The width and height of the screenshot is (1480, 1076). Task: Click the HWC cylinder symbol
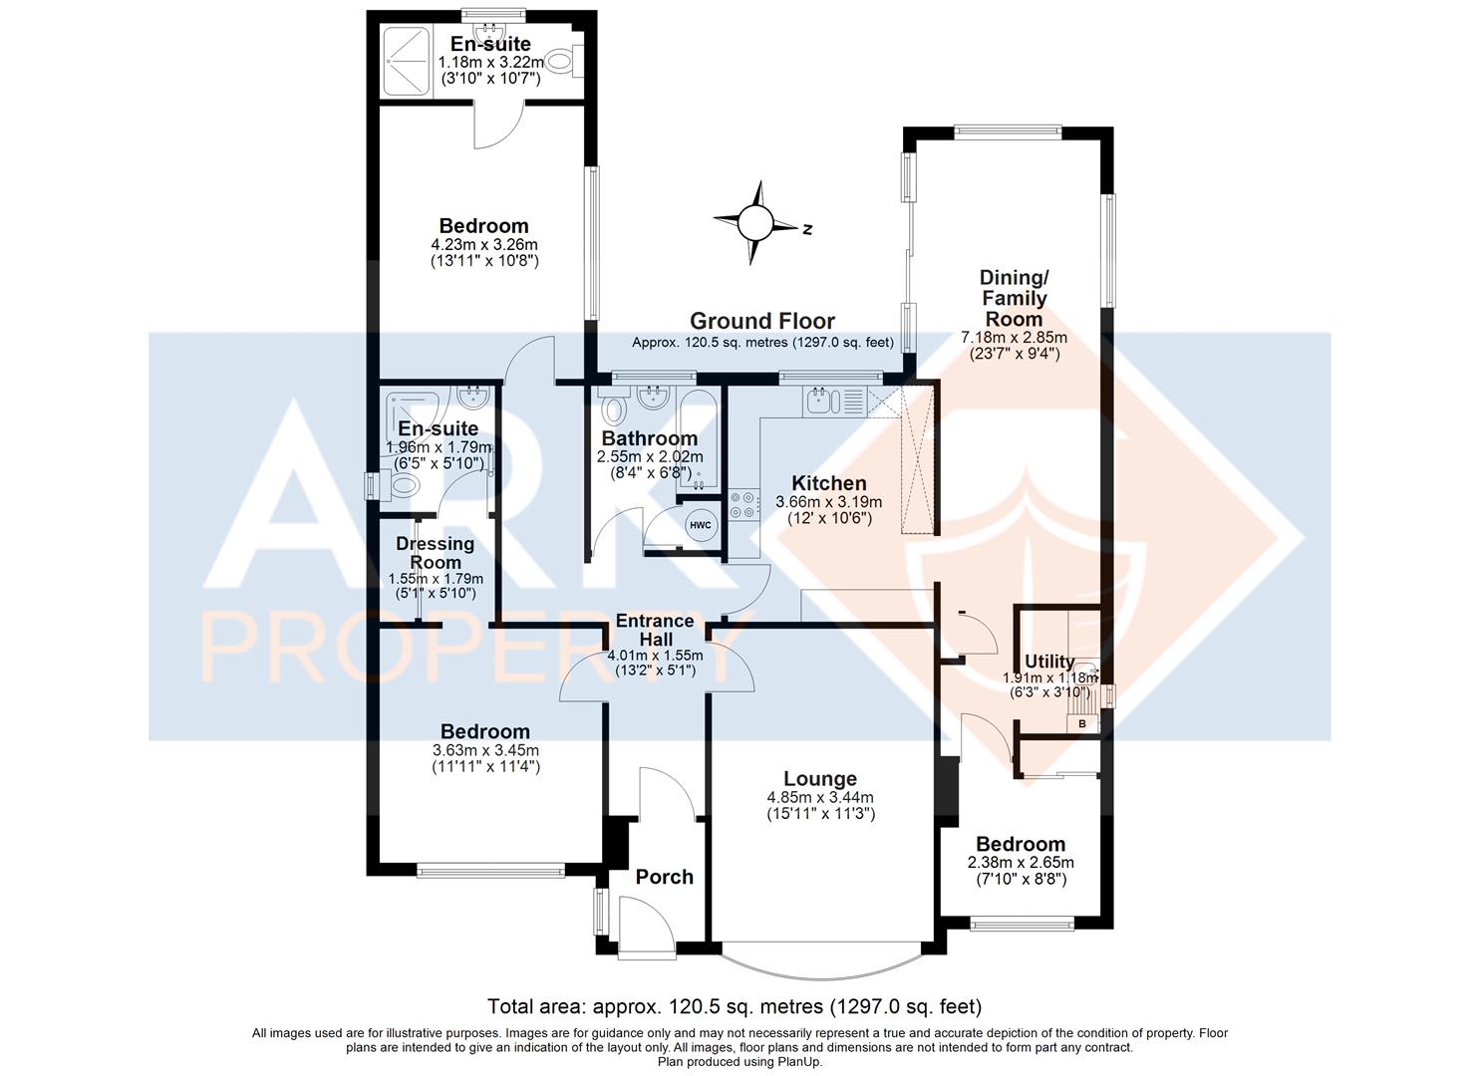point(701,525)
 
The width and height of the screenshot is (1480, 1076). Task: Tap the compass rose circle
point(754,222)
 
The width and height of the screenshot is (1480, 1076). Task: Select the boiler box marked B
point(1082,724)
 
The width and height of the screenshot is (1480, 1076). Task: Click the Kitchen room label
point(829,483)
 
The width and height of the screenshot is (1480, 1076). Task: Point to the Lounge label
point(820,779)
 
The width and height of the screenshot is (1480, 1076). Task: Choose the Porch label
point(665,877)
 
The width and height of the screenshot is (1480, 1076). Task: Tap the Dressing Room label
point(436,553)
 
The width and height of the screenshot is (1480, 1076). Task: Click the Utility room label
point(1049,662)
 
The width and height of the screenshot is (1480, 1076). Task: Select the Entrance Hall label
point(656,630)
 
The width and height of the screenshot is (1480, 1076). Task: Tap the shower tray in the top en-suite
point(407,63)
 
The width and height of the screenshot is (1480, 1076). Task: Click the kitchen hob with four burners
point(743,505)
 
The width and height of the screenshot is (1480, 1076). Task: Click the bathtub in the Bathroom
point(698,439)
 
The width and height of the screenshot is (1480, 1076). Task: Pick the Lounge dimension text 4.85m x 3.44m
point(820,797)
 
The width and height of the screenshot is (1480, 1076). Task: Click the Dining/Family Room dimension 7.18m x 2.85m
point(1015,338)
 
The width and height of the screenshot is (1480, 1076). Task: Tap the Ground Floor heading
point(762,321)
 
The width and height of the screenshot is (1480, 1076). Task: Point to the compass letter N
point(806,229)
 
